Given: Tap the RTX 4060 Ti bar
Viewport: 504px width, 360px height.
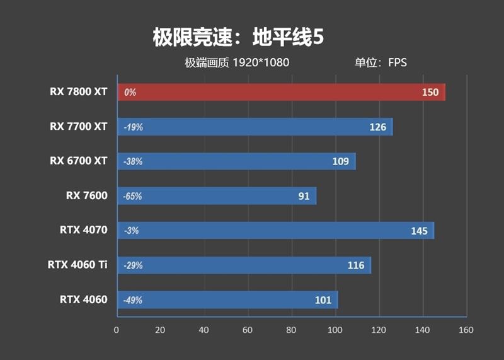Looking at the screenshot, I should pos(243,265).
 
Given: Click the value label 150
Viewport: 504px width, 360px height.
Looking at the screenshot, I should pos(430,92).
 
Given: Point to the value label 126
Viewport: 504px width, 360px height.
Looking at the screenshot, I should pos(378,127).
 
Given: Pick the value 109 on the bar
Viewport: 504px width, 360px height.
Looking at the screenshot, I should pos(341,161).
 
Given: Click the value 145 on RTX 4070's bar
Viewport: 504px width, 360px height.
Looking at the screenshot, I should pos(419,231).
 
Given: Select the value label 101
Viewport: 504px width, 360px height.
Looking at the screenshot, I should pos(323,300).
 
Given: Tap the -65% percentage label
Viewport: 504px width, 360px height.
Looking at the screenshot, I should pos(133,196).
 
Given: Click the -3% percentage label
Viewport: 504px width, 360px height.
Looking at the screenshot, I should pos(131,231).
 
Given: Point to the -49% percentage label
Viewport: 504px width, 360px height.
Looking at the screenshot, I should pos(133,300).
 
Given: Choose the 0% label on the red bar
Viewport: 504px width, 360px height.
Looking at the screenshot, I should pos(130,92).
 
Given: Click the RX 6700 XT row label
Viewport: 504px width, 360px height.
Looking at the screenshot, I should pos(79,161).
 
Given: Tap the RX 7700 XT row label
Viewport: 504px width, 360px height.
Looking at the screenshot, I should pos(79,126).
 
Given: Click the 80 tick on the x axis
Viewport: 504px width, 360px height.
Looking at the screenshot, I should pos(291,330).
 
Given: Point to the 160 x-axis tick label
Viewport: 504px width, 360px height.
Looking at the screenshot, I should pos(466,330).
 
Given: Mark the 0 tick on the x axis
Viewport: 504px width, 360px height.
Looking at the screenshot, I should pos(117,330).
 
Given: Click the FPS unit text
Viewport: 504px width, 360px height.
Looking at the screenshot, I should pos(398,62).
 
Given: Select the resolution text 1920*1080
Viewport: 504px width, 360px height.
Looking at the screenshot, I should pos(260,62).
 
